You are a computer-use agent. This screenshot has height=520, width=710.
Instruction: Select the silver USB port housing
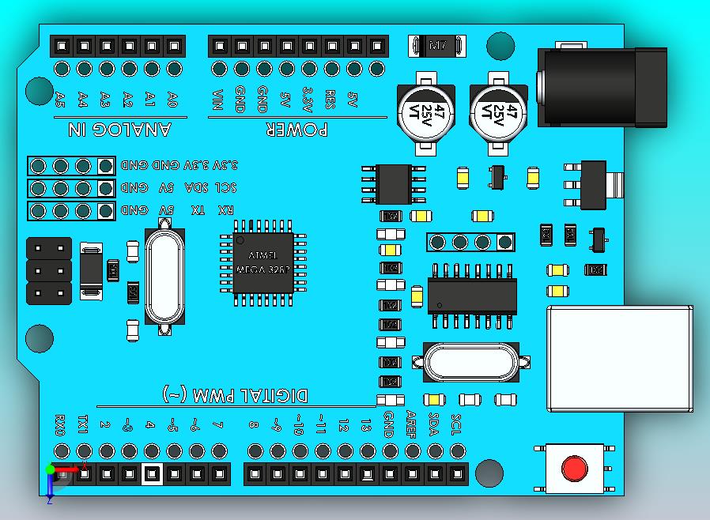coord(619,358)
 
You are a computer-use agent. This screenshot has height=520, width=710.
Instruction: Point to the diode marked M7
coord(436,46)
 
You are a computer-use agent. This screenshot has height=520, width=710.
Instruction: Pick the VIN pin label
coord(218,102)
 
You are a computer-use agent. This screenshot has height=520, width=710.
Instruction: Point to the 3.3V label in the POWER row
coord(309,102)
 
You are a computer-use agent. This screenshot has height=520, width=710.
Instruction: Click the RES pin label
coord(331,100)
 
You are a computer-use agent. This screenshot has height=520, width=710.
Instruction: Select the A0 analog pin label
coord(173,100)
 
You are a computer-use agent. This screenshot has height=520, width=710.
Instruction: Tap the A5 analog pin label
coord(60,100)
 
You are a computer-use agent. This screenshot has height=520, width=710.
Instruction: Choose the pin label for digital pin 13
coord(365,425)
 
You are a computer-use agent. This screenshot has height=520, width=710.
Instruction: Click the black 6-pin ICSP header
coord(48,271)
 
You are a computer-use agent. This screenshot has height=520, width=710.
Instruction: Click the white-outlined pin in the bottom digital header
coord(151,474)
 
